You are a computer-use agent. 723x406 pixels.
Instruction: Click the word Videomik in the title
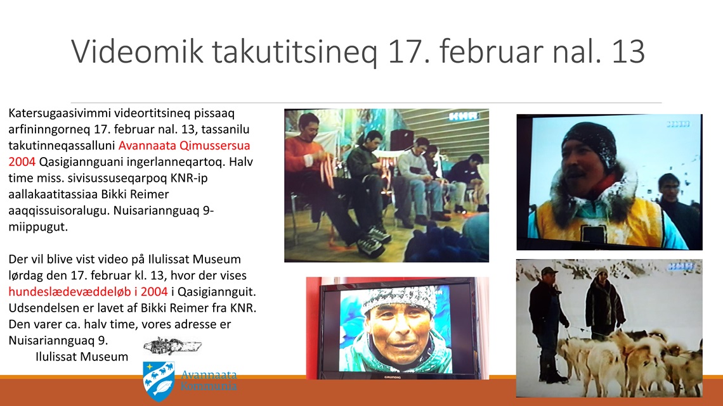tap(137, 51)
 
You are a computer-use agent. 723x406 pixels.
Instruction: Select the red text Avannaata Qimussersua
tap(185, 146)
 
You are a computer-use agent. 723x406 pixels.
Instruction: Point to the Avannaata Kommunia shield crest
tap(159, 381)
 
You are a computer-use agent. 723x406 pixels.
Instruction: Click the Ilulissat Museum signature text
tap(82, 357)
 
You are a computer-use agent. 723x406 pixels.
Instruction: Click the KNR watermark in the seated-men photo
tap(464, 117)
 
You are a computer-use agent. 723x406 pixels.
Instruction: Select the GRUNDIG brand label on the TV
tap(393, 377)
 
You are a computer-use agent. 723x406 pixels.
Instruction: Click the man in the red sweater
tap(323, 179)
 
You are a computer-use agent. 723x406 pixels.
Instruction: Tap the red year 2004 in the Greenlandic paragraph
tap(22, 162)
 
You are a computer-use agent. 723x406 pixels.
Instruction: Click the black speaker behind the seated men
tap(401, 140)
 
